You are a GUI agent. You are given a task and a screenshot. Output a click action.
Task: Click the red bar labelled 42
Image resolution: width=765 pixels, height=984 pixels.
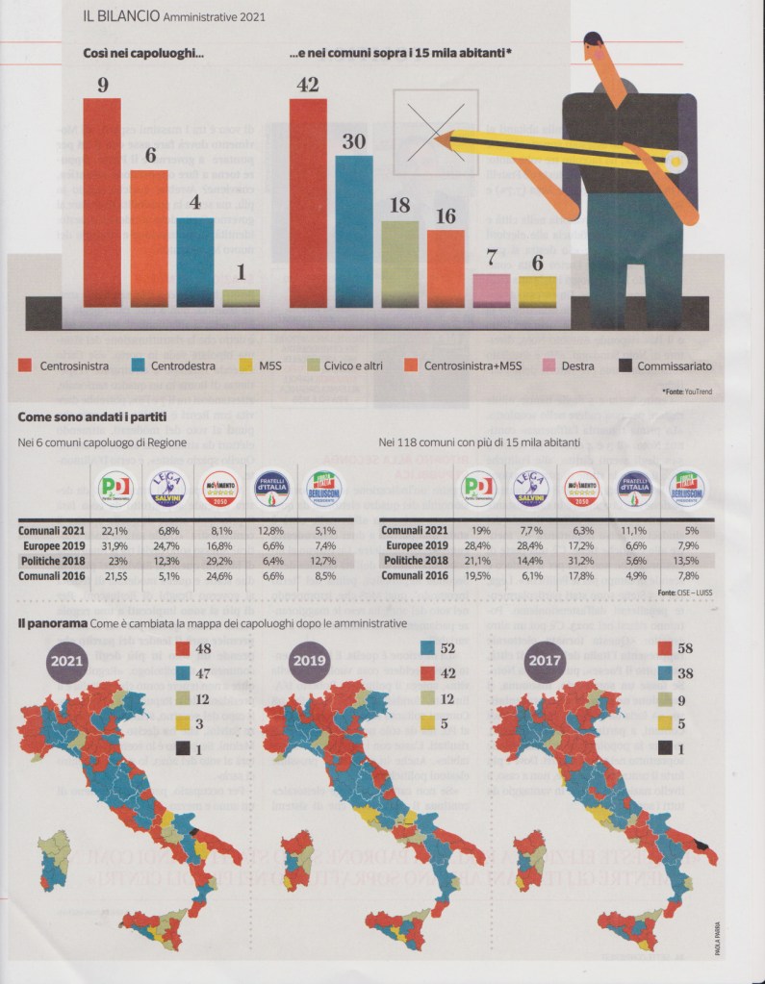(x=308, y=202)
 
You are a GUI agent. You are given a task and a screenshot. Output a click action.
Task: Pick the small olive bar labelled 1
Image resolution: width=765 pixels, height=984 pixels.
(x=241, y=298)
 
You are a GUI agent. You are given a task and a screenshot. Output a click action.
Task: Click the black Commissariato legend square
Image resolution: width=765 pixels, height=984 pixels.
(x=625, y=366)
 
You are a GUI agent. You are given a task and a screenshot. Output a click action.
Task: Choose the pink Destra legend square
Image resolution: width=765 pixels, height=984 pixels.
(x=548, y=366)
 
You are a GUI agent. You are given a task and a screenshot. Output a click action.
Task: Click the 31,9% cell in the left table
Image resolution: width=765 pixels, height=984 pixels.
(x=116, y=546)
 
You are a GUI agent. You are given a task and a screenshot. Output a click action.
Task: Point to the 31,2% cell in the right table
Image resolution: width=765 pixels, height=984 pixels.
(x=581, y=560)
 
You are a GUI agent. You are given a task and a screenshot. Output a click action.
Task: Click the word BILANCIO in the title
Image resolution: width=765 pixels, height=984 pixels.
(x=129, y=16)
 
